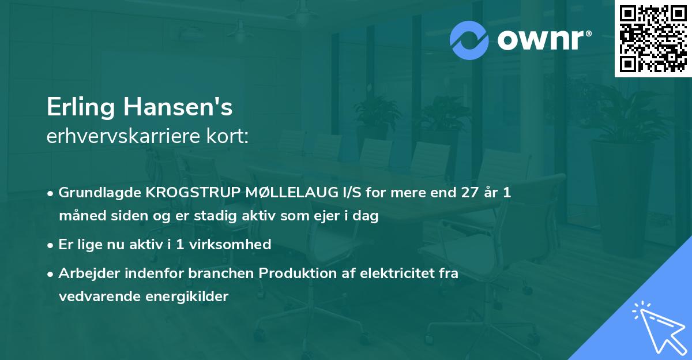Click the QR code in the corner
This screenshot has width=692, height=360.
coord(652,39)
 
